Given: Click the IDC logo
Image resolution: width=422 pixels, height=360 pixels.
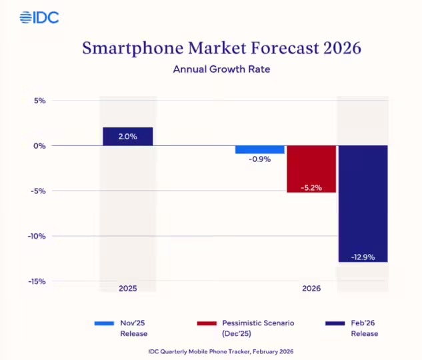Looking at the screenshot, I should pos(39,17).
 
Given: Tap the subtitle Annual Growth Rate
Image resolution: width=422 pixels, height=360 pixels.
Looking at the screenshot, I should pos(211,69).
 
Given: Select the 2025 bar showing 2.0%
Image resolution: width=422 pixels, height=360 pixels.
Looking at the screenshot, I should pos(128,136).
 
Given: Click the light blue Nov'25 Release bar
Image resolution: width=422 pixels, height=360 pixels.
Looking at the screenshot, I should pos(260,149).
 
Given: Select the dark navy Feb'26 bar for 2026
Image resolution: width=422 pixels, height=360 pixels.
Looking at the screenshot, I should pos(363,203).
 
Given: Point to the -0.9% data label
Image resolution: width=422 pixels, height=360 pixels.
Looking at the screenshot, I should pos(260,160).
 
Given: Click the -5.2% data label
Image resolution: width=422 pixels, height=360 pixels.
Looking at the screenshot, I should pos(311,187).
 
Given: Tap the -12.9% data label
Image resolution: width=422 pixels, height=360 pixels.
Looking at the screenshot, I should pos(363,257).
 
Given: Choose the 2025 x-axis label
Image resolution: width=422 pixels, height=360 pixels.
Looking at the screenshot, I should pos(128,289).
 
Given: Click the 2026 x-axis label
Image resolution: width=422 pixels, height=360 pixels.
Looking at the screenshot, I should pos(311,289).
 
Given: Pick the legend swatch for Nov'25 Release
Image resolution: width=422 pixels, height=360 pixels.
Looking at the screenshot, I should pos(104,323).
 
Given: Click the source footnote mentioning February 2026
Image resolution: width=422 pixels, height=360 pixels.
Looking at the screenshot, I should pos(211,351).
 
